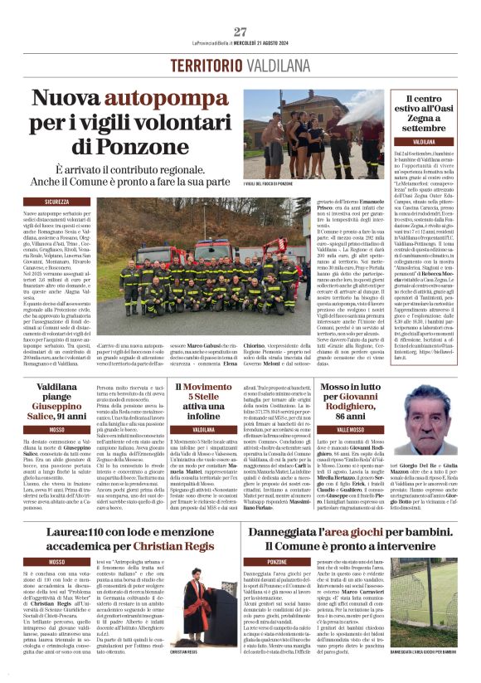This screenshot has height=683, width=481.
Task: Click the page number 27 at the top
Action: (x=240, y=32)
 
